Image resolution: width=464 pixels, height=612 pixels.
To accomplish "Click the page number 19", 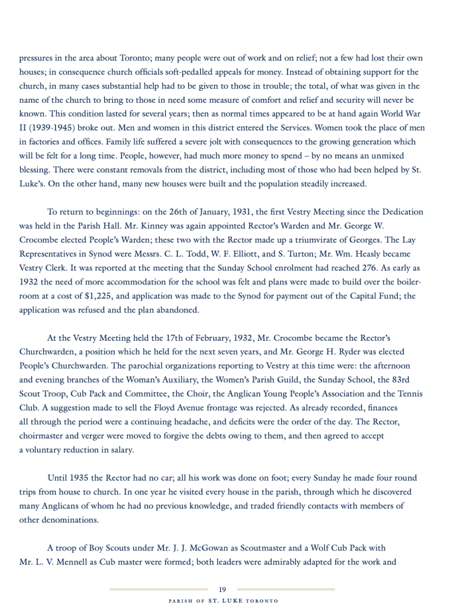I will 222,589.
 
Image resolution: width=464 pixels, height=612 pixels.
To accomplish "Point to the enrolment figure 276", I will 360,267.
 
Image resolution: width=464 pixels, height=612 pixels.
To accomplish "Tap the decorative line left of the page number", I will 159,589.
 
